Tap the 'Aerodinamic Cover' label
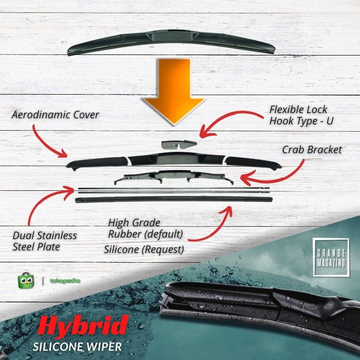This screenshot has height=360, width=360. point(56,115)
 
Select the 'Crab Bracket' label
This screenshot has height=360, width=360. point(312,150)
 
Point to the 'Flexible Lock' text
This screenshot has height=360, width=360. point(298,110)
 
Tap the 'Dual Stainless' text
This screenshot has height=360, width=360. point(45,236)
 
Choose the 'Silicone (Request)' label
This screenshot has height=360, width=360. point(143,249)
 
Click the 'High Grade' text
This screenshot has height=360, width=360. point(135,223)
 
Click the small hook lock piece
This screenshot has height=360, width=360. point(178,146)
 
